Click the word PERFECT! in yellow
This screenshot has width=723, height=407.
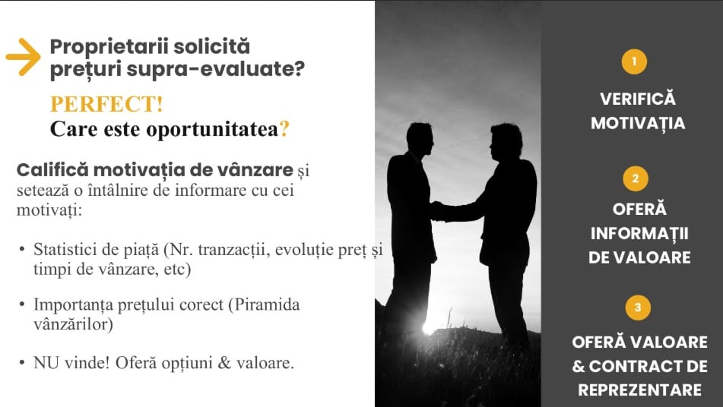pyautogui.click(x=106, y=104)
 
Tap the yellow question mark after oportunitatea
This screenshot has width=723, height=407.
pyautogui.click(x=284, y=128)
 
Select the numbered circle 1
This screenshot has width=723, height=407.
pyautogui.click(x=634, y=62)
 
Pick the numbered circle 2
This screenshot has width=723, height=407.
pyautogui.click(x=636, y=178)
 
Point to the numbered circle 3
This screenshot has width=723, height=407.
pyautogui.click(x=638, y=307)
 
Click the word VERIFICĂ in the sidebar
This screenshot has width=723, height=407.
pyautogui.click(x=638, y=99)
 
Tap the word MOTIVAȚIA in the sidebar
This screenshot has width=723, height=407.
pyautogui.click(x=638, y=123)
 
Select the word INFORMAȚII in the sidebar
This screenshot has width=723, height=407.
pyautogui.click(x=639, y=233)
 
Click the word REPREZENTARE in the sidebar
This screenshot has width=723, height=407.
pyautogui.click(x=639, y=390)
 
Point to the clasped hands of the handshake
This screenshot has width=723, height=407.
pyautogui.click(x=437, y=211)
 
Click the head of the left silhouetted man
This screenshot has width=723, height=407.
pyautogui.click(x=420, y=139)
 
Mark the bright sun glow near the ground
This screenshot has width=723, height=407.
pyautogui.click(x=430, y=327)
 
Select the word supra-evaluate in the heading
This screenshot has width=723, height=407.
pyautogui.click(x=215, y=69)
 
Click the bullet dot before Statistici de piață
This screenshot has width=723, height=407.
pyautogui.click(x=22, y=249)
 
